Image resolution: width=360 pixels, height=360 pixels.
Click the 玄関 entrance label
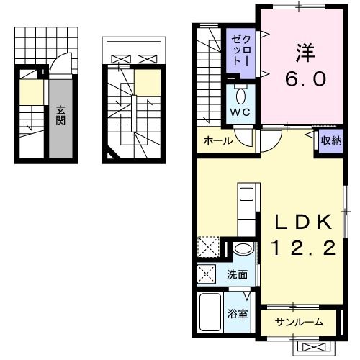tap(61, 115)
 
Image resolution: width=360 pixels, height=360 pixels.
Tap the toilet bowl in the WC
tap(240, 94)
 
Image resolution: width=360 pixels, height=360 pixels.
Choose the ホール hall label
tap(217, 141)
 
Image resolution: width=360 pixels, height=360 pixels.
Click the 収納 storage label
tap(330, 140)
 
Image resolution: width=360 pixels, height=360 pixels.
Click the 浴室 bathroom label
tap(238, 314)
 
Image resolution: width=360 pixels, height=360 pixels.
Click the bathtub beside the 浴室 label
tap(210, 313)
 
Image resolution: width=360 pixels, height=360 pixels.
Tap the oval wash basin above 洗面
tap(244, 250)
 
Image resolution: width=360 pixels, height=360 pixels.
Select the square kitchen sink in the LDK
tap(246, 194)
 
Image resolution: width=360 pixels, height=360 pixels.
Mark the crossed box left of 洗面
tap(206, 274)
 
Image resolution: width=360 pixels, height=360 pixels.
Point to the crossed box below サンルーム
tap(315, 346)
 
